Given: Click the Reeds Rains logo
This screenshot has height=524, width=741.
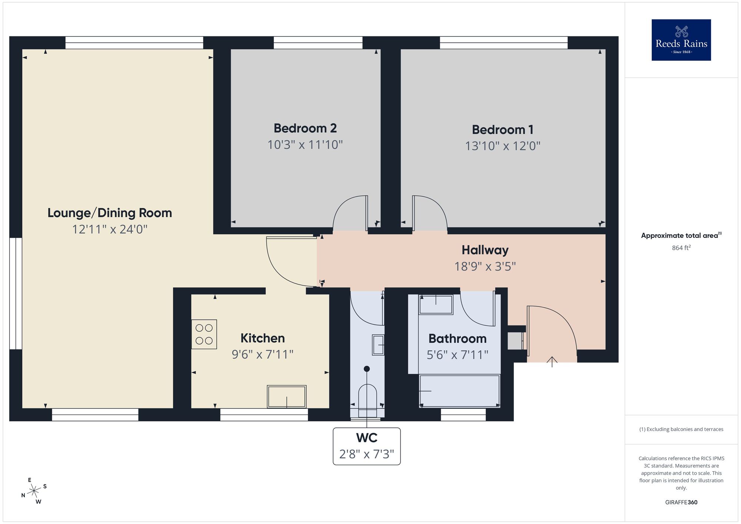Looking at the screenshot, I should tap(681, 40).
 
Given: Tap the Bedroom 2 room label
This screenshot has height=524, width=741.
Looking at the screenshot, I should tap(305, 128).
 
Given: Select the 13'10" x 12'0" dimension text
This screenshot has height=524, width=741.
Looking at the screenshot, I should tap(502, 146).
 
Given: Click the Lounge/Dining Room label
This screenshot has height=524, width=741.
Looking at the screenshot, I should tap(110, 213).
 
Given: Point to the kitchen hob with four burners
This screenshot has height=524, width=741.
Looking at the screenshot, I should tap(204, 334).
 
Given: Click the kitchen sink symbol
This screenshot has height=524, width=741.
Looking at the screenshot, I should tap(286, 397).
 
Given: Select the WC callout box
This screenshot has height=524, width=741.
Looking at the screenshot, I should tap(366, 446).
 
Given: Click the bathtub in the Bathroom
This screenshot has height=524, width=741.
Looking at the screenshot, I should tap(459, 391).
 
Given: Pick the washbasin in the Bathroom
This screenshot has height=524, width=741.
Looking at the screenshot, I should tap(436, 305).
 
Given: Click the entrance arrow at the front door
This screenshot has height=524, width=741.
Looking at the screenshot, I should tap(552, 361).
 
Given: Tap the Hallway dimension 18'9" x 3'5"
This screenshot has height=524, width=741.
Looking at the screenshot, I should tap(485, 266).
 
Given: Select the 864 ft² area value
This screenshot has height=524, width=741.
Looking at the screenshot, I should tap(681, 248).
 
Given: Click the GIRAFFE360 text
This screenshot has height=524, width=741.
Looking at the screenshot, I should tap(681, 503).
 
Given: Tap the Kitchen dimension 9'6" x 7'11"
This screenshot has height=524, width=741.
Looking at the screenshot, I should tap(262, 355).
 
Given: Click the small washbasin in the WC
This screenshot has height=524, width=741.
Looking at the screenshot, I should tap(378, 345).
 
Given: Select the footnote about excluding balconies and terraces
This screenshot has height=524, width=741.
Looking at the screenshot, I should tap(681, 429).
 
